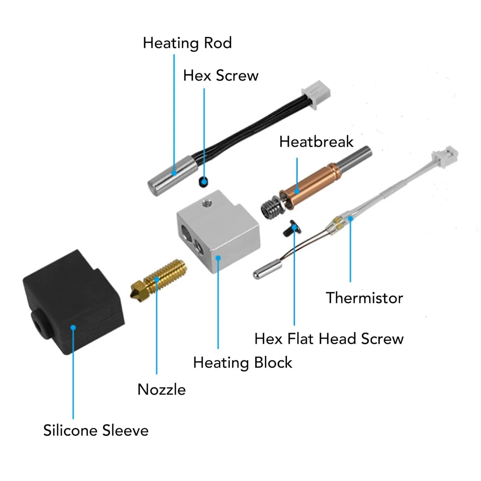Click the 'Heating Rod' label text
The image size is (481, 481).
coord(187,43)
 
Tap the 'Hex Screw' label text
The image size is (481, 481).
coord(221,76)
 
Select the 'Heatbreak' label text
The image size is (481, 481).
coord(316,142)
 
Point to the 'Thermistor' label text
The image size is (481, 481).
coord(364,298)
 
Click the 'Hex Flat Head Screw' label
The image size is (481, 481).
coord(329,339)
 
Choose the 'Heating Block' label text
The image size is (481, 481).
coord(242,363)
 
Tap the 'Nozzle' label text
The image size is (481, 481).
coord(161,390)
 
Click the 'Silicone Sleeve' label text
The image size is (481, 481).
coord(96,430)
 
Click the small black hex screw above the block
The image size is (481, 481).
coord(203,182)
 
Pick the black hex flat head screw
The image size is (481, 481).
coord(291,228)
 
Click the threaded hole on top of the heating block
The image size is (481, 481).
coord(206,203)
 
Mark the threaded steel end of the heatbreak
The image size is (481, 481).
coord(270,207)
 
